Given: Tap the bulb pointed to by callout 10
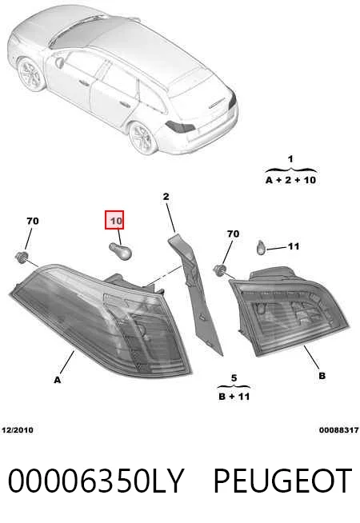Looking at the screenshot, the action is click(121, 250).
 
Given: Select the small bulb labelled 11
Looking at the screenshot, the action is click(261, 247).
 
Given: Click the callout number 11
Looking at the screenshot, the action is click(294, 246).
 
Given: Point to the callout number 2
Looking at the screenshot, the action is click(166, 197).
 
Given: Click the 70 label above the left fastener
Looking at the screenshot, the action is click(33, 221).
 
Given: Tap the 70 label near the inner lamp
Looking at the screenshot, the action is click(234, 234).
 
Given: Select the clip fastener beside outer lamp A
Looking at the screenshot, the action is click(22, 258).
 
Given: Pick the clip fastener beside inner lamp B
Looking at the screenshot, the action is click(219, 269).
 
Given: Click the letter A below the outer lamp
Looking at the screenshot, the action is click(58, 380).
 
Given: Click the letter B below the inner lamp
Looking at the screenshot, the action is click(322, 376).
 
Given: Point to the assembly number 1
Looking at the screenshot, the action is click(290, 159).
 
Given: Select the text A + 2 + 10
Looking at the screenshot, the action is click(291, 180).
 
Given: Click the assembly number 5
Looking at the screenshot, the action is click(234, 378).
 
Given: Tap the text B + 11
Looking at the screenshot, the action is click(234, 397).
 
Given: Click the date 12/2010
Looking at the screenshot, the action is click(18, 430).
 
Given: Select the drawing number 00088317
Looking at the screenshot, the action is click(339, 430).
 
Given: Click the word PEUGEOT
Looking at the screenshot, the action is click(282, 481).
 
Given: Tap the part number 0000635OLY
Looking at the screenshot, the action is click(96, 481).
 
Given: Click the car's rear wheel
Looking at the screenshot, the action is click(142, 138).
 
